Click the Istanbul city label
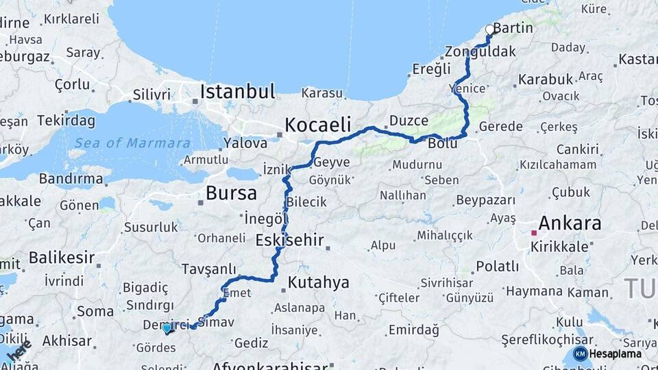[237, 91]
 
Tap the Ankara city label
[570, 223]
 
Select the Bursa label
[231, 193]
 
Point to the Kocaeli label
[317, 125]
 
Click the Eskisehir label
[289, 240]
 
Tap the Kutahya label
[318, 282]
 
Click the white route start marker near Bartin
[490, 29]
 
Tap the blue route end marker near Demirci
[167, 328]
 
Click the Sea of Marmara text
[132, 143]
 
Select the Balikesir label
[61, 258]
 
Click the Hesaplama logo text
[616, 354]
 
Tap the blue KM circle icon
[580, 354]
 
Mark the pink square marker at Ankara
[534, 233]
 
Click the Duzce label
[409, 121]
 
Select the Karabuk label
[545, 79]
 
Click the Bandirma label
[71, 179]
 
